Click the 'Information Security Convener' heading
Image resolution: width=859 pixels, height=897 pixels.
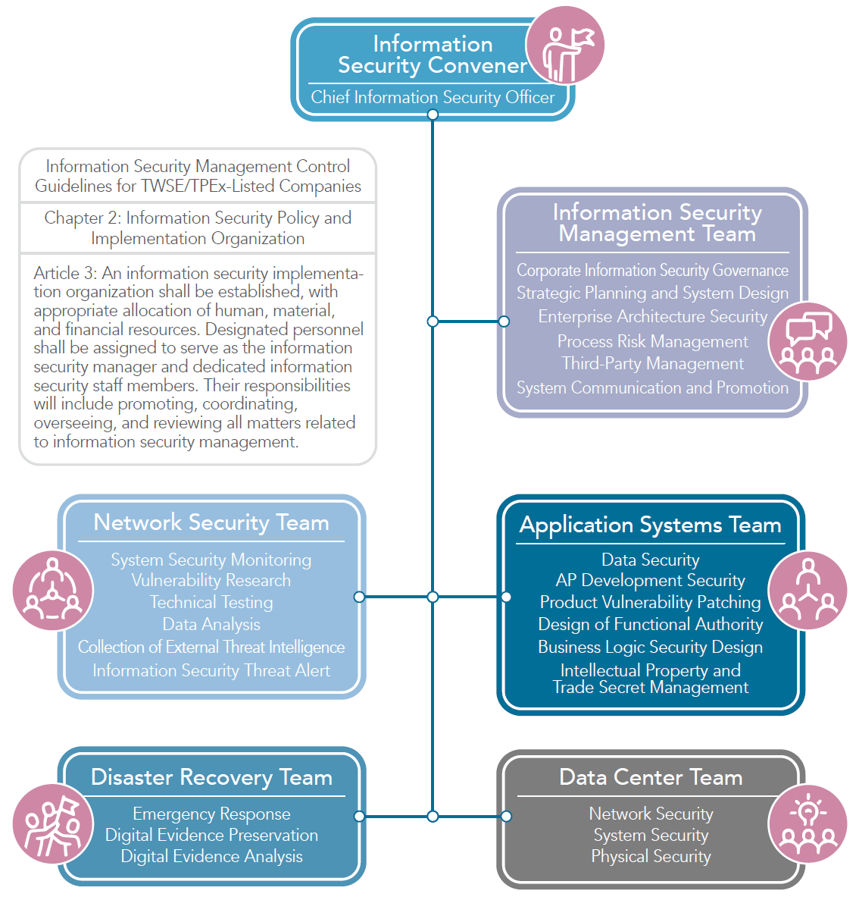pos(433,55)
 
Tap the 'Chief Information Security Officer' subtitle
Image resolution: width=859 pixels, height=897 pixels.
pos(433,97)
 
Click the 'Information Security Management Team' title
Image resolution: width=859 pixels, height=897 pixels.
pos(657,223)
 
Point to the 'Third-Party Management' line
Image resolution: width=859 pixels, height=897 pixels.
pos(652,364)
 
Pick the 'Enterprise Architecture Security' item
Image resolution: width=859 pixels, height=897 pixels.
pos(652,317)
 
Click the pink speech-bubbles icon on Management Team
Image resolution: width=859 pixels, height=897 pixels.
pos(807,341)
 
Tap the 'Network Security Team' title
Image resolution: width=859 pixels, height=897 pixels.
pos(211,522)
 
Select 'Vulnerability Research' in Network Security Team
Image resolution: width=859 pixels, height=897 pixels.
pos(211,581)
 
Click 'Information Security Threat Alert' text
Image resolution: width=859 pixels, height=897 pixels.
pos(211,670)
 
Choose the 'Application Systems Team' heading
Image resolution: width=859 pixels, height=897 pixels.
pos(650,525)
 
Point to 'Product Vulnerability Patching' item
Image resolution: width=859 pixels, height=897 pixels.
pos(650,603)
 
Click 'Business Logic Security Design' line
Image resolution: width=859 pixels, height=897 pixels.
pos(650,648)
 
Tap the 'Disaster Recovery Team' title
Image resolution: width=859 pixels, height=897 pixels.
pos(211,777)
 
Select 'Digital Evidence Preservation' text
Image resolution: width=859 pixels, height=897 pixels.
pos(211,835)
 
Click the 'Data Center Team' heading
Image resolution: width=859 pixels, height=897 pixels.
pos(651,777)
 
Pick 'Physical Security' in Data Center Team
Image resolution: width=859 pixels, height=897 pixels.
pos(651,857)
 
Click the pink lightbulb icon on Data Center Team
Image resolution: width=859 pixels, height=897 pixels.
pos(807,823)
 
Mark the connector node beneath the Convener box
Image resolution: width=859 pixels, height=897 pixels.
pos(433,114)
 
